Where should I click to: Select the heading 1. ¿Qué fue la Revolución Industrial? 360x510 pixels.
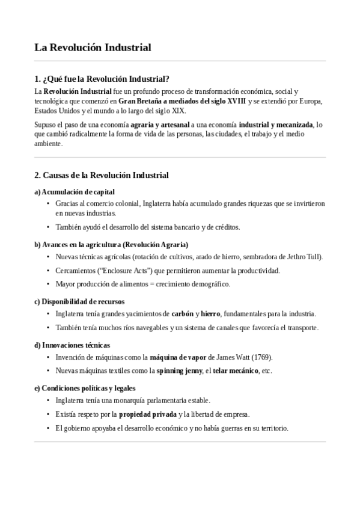102,79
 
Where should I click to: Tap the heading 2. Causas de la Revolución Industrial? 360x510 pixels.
102,175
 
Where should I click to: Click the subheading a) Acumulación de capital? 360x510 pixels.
75,192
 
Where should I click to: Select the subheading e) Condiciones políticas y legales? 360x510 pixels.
85,388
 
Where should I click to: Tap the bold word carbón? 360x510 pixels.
182,314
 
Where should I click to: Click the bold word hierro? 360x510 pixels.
211,314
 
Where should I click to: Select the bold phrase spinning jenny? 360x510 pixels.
178,370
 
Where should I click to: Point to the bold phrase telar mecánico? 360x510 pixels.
236,370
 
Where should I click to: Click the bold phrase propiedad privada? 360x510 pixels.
147,414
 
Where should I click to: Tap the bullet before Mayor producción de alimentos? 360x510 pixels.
48,284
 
